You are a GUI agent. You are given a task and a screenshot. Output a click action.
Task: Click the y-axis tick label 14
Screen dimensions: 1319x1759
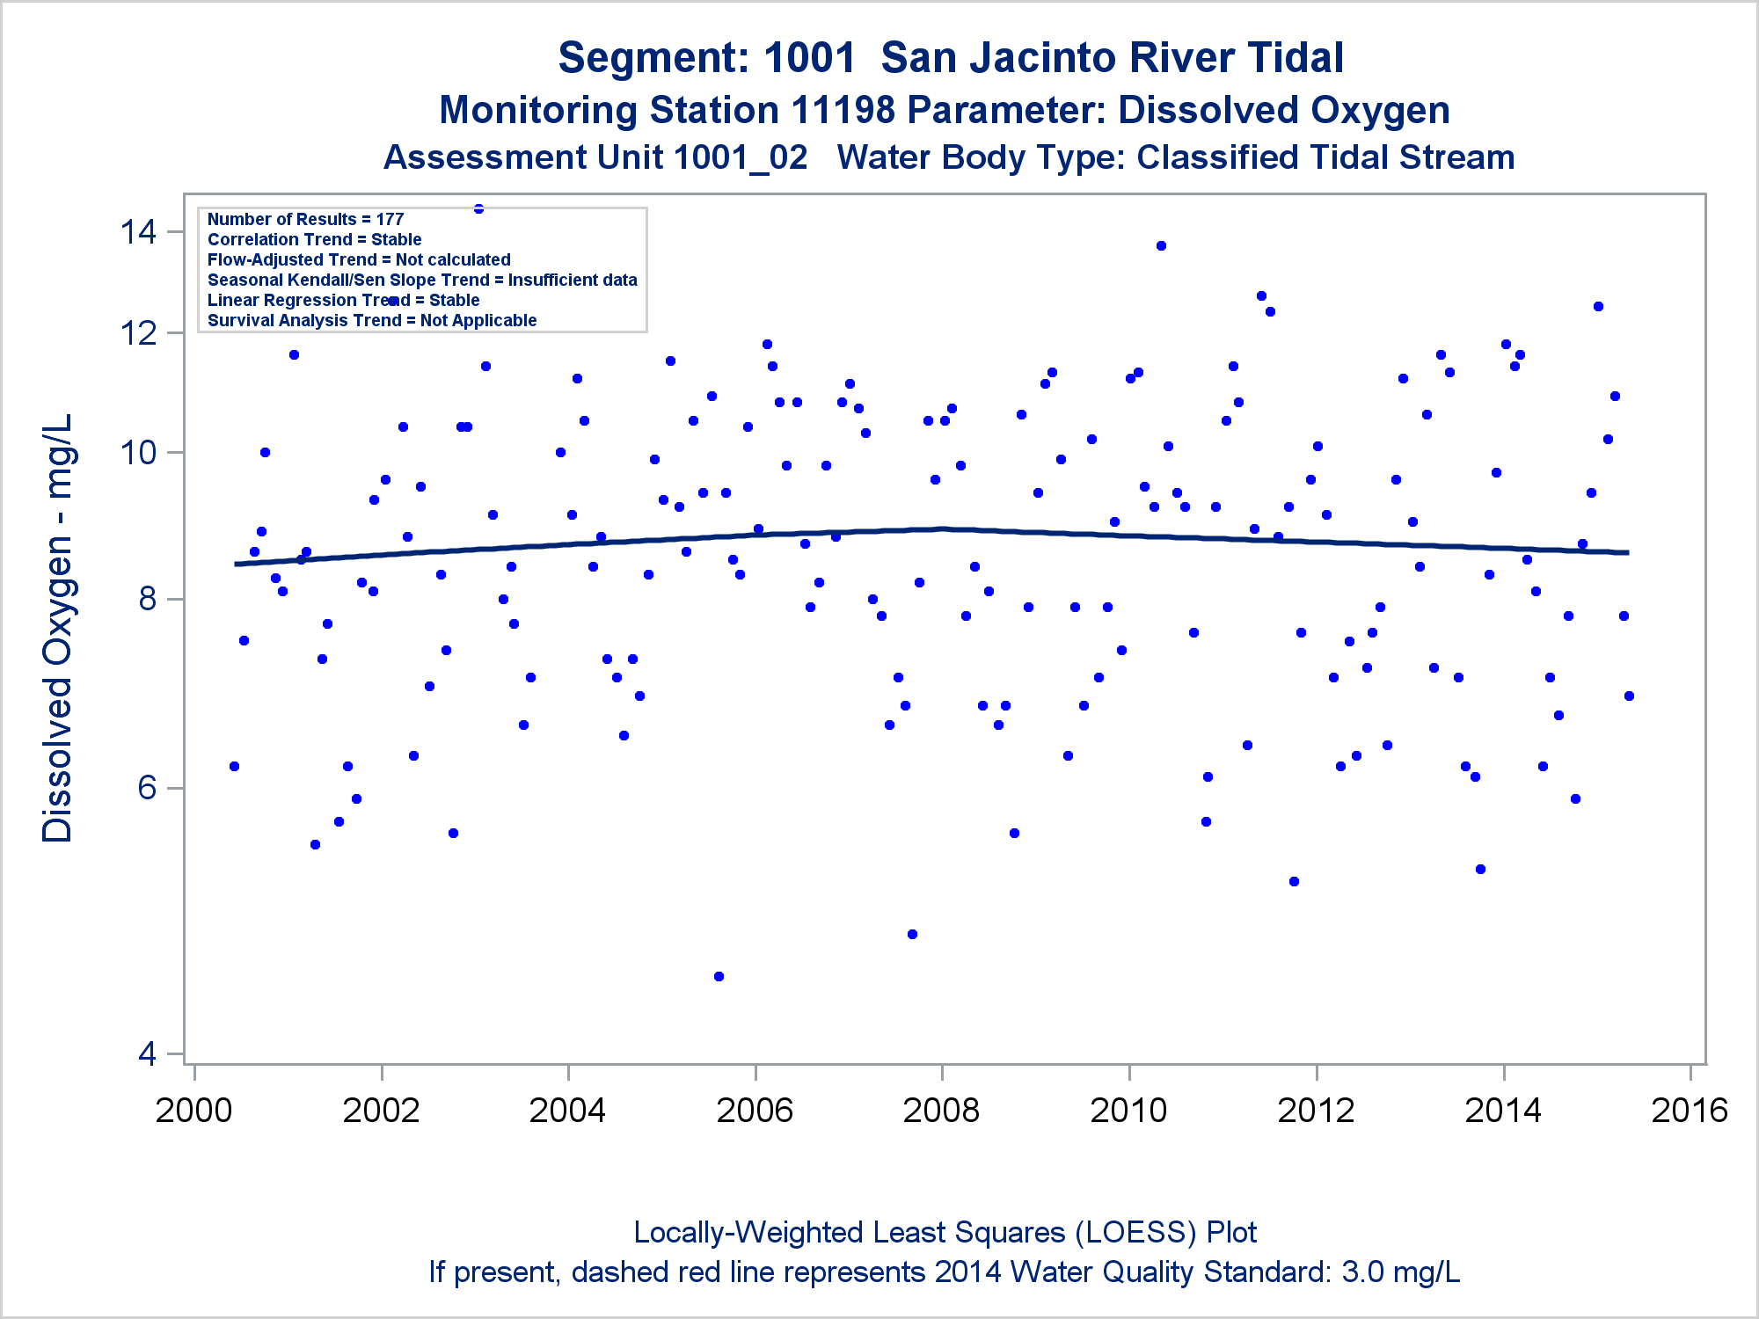[138, 232]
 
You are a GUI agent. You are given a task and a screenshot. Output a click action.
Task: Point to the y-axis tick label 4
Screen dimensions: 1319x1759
[147, 1053]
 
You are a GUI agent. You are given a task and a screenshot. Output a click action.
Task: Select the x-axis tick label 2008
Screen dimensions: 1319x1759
[941, 1111]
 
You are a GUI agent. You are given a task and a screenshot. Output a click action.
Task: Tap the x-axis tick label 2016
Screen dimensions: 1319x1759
[1690, 1111]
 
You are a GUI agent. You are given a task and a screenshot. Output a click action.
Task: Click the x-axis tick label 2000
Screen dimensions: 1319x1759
[193, 1111]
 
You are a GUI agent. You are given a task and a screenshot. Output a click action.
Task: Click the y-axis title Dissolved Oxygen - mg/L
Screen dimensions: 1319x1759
[58, 628]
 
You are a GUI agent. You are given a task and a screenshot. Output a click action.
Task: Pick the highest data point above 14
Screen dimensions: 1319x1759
[478, 209]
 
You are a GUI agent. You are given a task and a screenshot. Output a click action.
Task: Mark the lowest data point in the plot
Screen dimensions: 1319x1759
[719, 976]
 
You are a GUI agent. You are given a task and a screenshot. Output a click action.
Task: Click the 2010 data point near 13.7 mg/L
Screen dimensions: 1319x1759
[1161, 246]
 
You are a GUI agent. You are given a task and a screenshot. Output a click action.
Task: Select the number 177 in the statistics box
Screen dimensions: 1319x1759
[390, 220]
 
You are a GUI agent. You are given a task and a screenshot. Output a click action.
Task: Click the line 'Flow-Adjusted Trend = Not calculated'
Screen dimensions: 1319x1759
[359, 260]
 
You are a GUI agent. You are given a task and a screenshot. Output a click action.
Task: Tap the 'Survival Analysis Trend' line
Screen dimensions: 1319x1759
[372, 321]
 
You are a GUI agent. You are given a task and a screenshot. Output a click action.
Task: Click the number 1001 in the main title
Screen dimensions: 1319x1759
[809, 58]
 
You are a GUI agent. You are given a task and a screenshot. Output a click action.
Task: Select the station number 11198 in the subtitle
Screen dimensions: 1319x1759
[843, 111]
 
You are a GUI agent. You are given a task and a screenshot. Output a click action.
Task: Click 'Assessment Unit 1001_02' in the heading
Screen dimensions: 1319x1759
[595, 158]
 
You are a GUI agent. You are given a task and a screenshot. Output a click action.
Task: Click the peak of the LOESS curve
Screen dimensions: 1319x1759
[941, 528]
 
